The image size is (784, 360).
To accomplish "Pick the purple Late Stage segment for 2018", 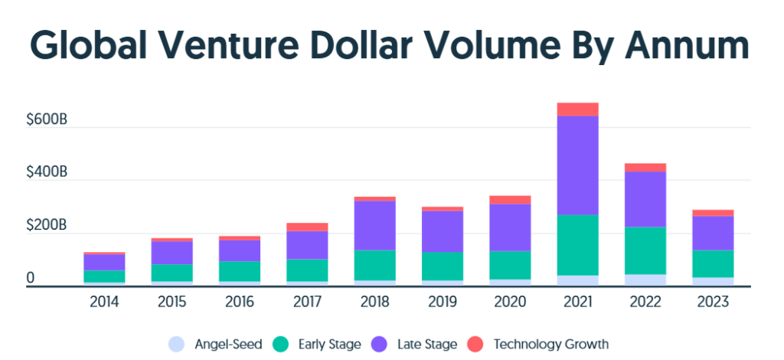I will coord(376,225).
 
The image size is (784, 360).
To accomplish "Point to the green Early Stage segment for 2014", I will coord(105,277).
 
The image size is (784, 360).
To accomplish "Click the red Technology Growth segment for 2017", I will coord(308,227).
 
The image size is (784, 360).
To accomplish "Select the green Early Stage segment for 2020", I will coord(510,265).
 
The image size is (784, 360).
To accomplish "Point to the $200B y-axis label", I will coord(47,226).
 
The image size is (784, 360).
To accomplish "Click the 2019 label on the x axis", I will coord(442,303).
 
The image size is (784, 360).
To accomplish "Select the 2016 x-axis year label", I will coord(240,303).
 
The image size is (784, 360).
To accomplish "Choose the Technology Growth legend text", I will coord(551,344).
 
